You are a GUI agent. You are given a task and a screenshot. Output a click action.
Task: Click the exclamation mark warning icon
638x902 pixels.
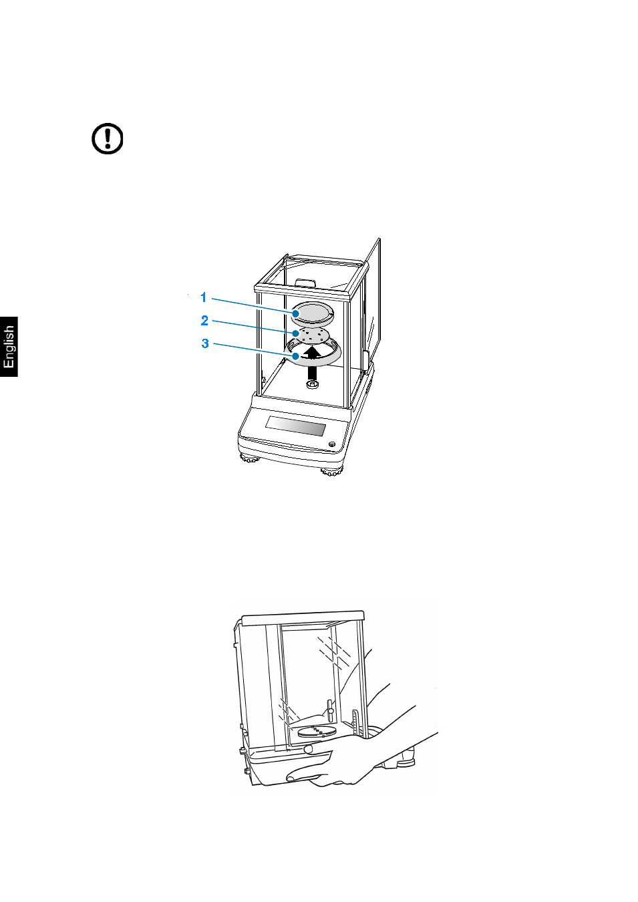pyautogui.click(x=107, y=139)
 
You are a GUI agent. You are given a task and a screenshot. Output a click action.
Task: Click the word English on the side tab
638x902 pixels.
pyautogui.click(x=9, y=347)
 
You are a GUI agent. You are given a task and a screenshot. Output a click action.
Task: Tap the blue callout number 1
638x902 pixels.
pyautogui.click(x=204, y=297)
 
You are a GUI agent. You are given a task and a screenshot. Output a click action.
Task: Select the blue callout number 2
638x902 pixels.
pyautogui.click(x=204, y=321)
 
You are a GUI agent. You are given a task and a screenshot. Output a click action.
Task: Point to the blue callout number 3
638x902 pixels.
pyautogui.click(x=205, y=343)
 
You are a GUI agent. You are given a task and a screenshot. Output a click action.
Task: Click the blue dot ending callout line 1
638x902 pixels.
pyautogui.click(x=296, y=313)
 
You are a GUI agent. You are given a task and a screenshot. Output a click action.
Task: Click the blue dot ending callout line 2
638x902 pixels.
pyautogui.click(x=296, y=333)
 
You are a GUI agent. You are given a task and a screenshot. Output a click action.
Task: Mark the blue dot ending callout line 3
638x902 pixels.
pyautogui.click(x=296, y=356)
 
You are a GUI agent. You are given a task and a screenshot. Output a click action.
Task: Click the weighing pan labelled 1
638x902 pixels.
pyautogui.click(x=313, y=313)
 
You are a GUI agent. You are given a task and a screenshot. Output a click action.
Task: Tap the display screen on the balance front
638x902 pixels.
pyautogui.click(x=295, y=425)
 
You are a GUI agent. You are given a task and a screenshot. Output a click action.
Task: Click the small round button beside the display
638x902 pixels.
pyautogui.click(x=332, y=444)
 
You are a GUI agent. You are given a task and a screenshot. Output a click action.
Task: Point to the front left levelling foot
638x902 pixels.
pyautogui.click(x=250, y=458)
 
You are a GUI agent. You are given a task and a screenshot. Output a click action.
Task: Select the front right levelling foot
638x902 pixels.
pyautogui.click(x=331, y=471)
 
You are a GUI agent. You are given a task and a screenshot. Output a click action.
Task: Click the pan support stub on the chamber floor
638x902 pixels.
pyautogui.click(x=312, y=386)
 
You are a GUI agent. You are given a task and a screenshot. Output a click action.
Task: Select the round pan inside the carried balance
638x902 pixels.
pyautogui.click(x=316, y=732)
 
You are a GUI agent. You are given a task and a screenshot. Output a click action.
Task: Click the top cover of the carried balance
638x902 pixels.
pyautogui.click(x=303, y=618)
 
